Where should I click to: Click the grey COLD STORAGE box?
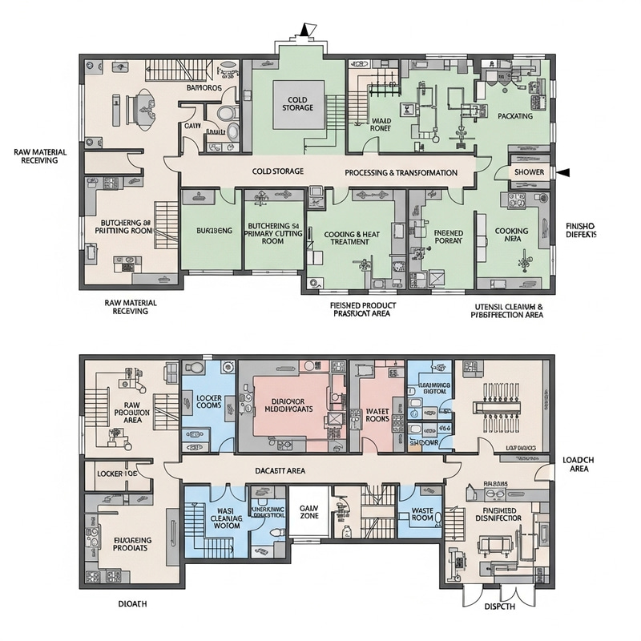tap(298, 103)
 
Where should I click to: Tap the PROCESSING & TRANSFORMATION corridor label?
tap(401, 172)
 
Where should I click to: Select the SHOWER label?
tap(529, 171)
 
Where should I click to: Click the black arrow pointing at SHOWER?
tap(564, 171)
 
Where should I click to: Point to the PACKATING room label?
tap(515, 116)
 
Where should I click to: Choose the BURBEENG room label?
tap(214, 231)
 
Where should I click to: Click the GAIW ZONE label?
tap(308, 513)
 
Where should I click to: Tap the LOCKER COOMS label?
tap(208, 401)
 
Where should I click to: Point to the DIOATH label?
tap(133, 603)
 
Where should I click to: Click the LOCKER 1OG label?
tap(118, 474)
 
